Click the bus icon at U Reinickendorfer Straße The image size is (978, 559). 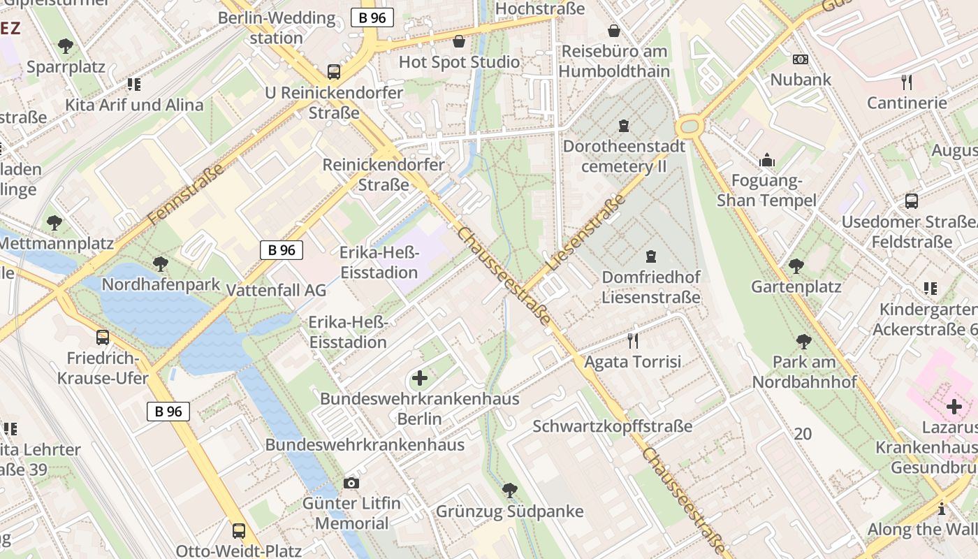(334, 71)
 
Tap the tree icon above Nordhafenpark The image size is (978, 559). (160, 264)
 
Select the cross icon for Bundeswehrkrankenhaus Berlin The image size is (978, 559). (419, 379)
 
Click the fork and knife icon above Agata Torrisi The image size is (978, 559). (633, 341)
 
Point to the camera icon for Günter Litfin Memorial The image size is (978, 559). (351, 483)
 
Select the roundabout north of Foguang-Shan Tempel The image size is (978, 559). (689, 127)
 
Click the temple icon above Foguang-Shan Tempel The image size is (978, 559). (767, 161)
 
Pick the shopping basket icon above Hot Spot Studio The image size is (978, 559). (459, 41)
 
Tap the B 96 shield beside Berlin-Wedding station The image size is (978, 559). (372, 18)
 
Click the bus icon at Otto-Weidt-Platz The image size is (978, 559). (239, 530)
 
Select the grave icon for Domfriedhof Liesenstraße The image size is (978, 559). (651, 256)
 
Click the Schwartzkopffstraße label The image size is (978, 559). (613, 426)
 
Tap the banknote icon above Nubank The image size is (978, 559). (801, 59)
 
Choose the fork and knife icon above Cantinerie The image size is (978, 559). (907, 82)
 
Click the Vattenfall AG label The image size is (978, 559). (277, 290)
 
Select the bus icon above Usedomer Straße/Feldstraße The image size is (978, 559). (912, 201)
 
